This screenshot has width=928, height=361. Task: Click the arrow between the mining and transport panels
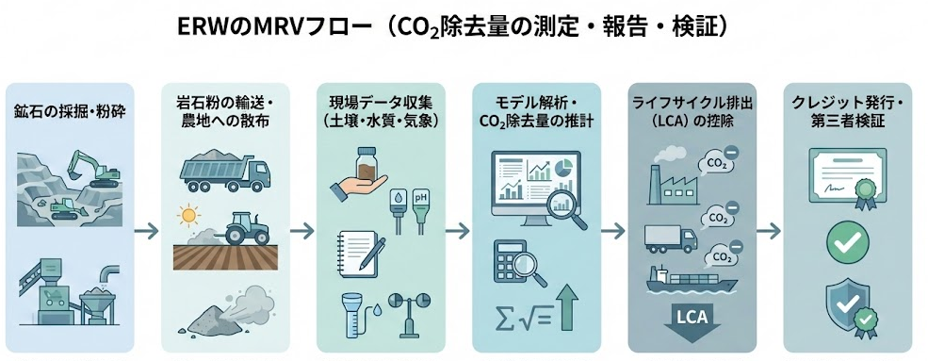coord(145,229)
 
